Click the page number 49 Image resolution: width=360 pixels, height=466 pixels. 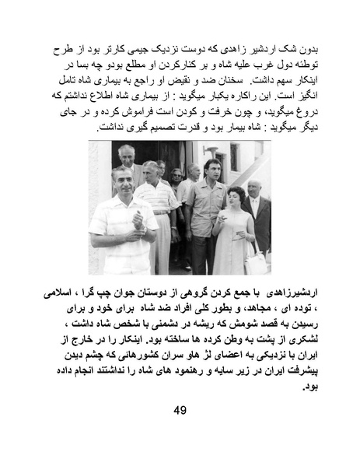(180, 410)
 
